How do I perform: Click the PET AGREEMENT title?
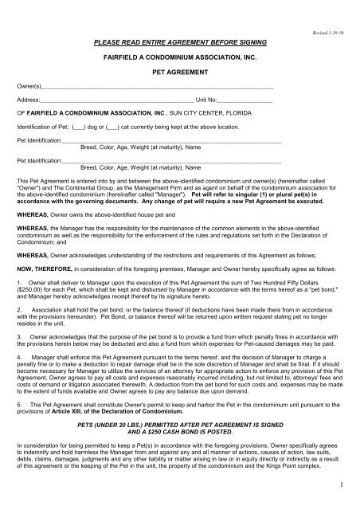click(179, 70)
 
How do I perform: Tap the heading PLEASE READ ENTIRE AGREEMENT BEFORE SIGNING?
click(179, 38)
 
